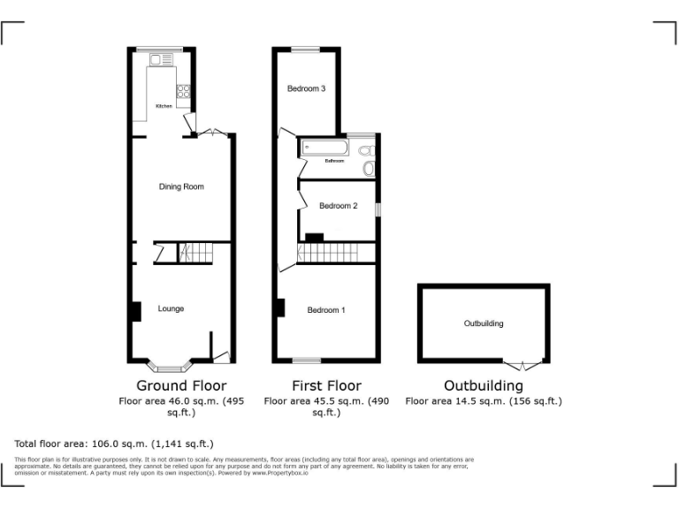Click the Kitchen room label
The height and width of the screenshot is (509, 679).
click(164, 106)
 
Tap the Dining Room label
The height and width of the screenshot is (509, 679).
click(181, 186)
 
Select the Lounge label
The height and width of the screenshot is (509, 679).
click(171, 308)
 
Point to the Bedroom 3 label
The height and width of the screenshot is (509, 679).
click(306, 88)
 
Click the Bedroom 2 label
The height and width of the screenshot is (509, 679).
click(338, 206)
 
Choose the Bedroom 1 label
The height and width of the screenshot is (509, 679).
click(325, 310)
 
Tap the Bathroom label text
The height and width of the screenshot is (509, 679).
click(334, 161)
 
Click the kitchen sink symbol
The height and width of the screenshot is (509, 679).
click(161, 60)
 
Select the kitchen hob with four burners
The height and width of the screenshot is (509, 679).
click(185, 89)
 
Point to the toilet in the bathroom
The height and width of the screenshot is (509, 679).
click(369, 165)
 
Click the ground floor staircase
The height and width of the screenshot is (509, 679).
click(195, 253)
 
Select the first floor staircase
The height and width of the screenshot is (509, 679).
click(337, 253)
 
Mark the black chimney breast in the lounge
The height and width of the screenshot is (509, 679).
click(136, 312)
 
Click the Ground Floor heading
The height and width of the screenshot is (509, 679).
click(180, 386)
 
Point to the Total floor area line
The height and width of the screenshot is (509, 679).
click(114, 444)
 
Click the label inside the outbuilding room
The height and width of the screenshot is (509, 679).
click(484, 323)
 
